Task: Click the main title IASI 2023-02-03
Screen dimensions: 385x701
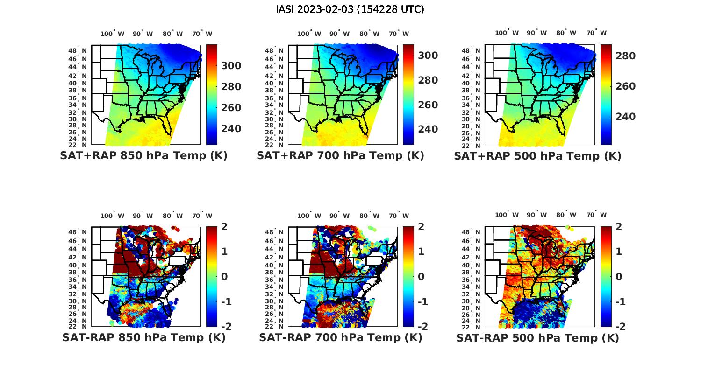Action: (x=350, y=9)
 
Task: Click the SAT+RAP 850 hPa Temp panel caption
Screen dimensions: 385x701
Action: (x=143, y=156)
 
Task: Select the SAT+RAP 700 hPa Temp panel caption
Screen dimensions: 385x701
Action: (x=340, y=156)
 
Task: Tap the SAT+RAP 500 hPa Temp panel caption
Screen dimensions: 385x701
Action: (x=537, y=156)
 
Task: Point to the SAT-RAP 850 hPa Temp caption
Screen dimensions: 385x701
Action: (x=143, y=337)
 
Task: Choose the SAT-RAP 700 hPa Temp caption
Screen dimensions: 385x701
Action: (x=340, y=337)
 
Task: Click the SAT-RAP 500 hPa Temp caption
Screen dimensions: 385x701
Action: (x=537, y=337)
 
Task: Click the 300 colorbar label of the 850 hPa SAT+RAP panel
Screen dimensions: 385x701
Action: (x=231, y=66)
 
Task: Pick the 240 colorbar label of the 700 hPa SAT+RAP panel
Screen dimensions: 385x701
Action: (x=428, y=129)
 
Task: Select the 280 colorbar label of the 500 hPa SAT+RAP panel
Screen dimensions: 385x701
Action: (x=626, y=56)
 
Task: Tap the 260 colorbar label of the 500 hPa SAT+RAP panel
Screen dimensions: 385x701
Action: (x=626, y=86)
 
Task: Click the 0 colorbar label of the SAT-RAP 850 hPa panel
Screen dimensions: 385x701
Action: (x=224, y=276)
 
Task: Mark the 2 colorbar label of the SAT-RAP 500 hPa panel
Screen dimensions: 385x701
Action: (x=619, y=227)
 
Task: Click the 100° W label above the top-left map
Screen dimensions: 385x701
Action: (x=113, y=34)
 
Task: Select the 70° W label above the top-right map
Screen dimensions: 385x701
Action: (x=596, y=33)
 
